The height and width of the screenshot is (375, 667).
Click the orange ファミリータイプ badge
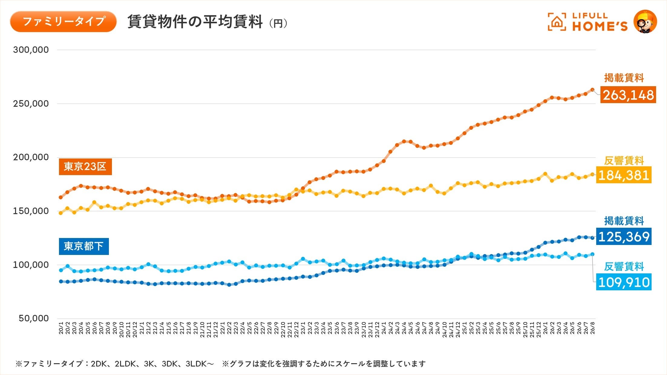click(x=63, y=21)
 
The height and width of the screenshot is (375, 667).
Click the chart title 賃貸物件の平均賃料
click(x=195, y=22)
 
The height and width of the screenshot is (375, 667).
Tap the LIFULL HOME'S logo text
click(x=600, y=22)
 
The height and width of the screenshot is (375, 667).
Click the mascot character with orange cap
click(x=646, y=21)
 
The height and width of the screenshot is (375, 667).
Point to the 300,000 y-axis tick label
click(x=31, y=50)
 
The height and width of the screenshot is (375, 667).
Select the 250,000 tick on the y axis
click(x=31, y=104)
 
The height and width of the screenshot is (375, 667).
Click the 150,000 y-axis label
click(x=31, y=211)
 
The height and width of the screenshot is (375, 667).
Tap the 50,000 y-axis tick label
click(x=34, y=318)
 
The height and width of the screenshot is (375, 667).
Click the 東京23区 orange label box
click(x=85, y=167)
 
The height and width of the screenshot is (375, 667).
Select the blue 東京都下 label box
click(x=84, y=246)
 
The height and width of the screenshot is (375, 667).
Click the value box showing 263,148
click(x=628, y=95)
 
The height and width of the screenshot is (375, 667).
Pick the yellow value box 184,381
click(x=624, y=175)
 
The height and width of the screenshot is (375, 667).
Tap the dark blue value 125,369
click(x=624, y=236)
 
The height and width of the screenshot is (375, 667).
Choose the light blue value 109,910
click(x=624, y=282)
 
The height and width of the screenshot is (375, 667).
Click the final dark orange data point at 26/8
click(x=592, y=90)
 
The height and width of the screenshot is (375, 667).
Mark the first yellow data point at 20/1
click(x=61, y=213)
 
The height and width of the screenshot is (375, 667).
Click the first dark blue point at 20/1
click(x=61, y=282)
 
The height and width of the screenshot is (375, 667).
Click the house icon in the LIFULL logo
click(x=557, y=22)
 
